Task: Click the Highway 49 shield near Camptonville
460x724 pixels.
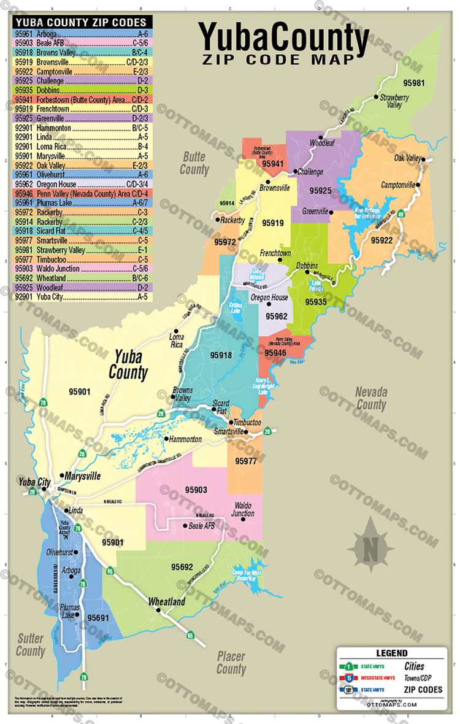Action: (401, 214)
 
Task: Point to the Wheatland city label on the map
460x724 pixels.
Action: (166, 602)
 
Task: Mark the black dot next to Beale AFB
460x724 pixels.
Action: (185, 526)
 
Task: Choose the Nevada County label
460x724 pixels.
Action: (371, 398)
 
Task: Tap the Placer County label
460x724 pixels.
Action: (231, 662)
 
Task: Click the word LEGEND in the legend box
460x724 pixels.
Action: (391, 653)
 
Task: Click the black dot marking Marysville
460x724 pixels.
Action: (62, 475)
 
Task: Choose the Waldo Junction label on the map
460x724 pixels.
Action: (243, 509)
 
